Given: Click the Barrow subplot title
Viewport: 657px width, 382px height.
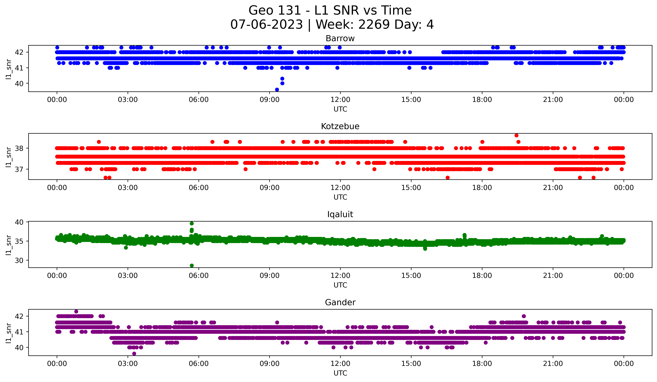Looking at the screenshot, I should (x=340, y=38).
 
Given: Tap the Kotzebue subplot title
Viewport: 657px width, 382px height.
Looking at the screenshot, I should (x=340, y=126).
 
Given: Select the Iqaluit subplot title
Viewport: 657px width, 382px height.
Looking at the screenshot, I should (x=340, y=214).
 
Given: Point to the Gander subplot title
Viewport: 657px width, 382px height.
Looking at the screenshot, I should (x=340, y=302).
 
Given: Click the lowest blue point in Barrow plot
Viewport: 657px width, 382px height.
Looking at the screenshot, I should (x=277, y=90).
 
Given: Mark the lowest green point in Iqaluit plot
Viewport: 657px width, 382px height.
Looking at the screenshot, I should (x=192, y=265).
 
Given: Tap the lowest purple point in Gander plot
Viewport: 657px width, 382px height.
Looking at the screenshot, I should (x=134, y=354).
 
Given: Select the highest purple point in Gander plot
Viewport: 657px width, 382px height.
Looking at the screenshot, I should (x=76, y=311).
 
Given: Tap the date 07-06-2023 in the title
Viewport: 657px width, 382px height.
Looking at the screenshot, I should (x=266, y=25).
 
